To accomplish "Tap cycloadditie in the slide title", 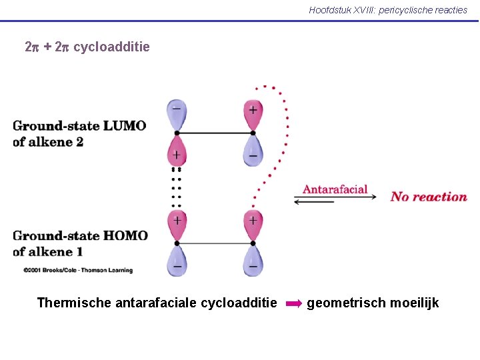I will point(111,47).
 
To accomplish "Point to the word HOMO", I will point(127,235).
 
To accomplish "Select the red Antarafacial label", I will point(335,189).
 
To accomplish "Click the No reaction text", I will point(429,197).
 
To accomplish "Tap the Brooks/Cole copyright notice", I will point(78,270).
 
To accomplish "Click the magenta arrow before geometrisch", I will point(293,304).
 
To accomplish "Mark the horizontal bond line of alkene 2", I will point(215,133).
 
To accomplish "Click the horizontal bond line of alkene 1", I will point(215,243).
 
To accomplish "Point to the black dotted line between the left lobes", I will point(177,187).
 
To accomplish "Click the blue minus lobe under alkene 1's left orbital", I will point(177,261).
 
